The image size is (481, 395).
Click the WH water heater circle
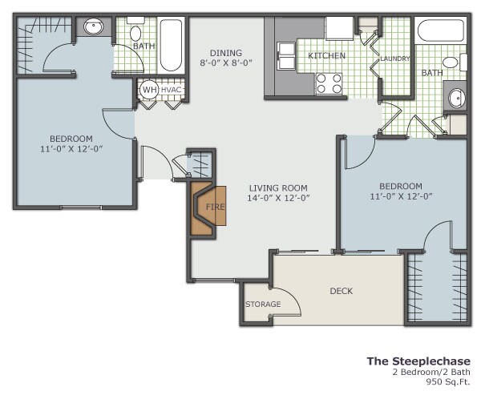149,90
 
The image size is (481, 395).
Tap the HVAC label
172,90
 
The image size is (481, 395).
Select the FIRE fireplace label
215,207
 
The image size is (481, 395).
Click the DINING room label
226,53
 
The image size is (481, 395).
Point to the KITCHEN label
326,56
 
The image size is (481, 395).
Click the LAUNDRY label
394,58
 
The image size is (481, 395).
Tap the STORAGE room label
263,304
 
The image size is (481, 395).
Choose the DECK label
342,291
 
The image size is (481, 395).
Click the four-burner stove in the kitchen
329,83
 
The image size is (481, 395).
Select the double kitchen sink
286,56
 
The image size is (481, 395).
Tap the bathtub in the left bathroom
172,45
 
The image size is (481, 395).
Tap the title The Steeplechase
418,361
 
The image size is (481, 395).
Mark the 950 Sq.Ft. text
448,381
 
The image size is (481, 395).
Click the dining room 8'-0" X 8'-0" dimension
226,62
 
